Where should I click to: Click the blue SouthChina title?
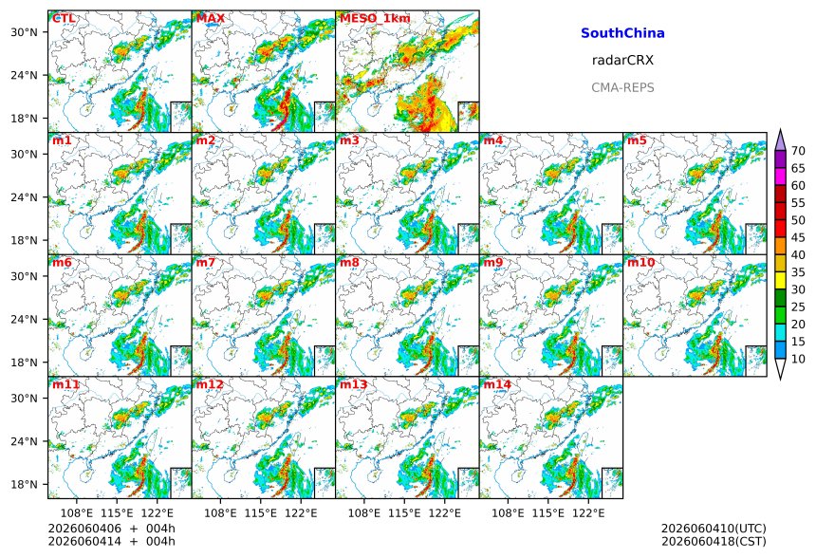tap(622, 33)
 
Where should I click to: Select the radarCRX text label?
tap(622, 60)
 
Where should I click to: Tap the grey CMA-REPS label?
tap(622, 87)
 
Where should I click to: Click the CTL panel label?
tap(64, 18)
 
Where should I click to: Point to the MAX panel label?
tap(211, 18)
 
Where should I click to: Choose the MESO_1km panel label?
tap(375, 18)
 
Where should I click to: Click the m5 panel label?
tap(637, 140)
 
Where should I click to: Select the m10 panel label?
tap(640, 262)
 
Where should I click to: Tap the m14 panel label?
tap(497, 384)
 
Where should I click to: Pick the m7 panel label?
tap(206, 262)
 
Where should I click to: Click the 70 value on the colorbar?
tap(798, 151)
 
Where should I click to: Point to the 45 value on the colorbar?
tap(798, 237)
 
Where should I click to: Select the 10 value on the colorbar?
tap(798, 359)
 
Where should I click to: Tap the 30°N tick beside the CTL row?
tap(24, 32)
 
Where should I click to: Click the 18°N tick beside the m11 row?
tap(24, 484)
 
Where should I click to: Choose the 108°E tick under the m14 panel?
tap(508, 513)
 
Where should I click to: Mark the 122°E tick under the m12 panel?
tap(301, 513)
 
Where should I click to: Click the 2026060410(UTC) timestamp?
tap(714, 529)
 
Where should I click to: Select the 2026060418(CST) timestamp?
tap(714, 541)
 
